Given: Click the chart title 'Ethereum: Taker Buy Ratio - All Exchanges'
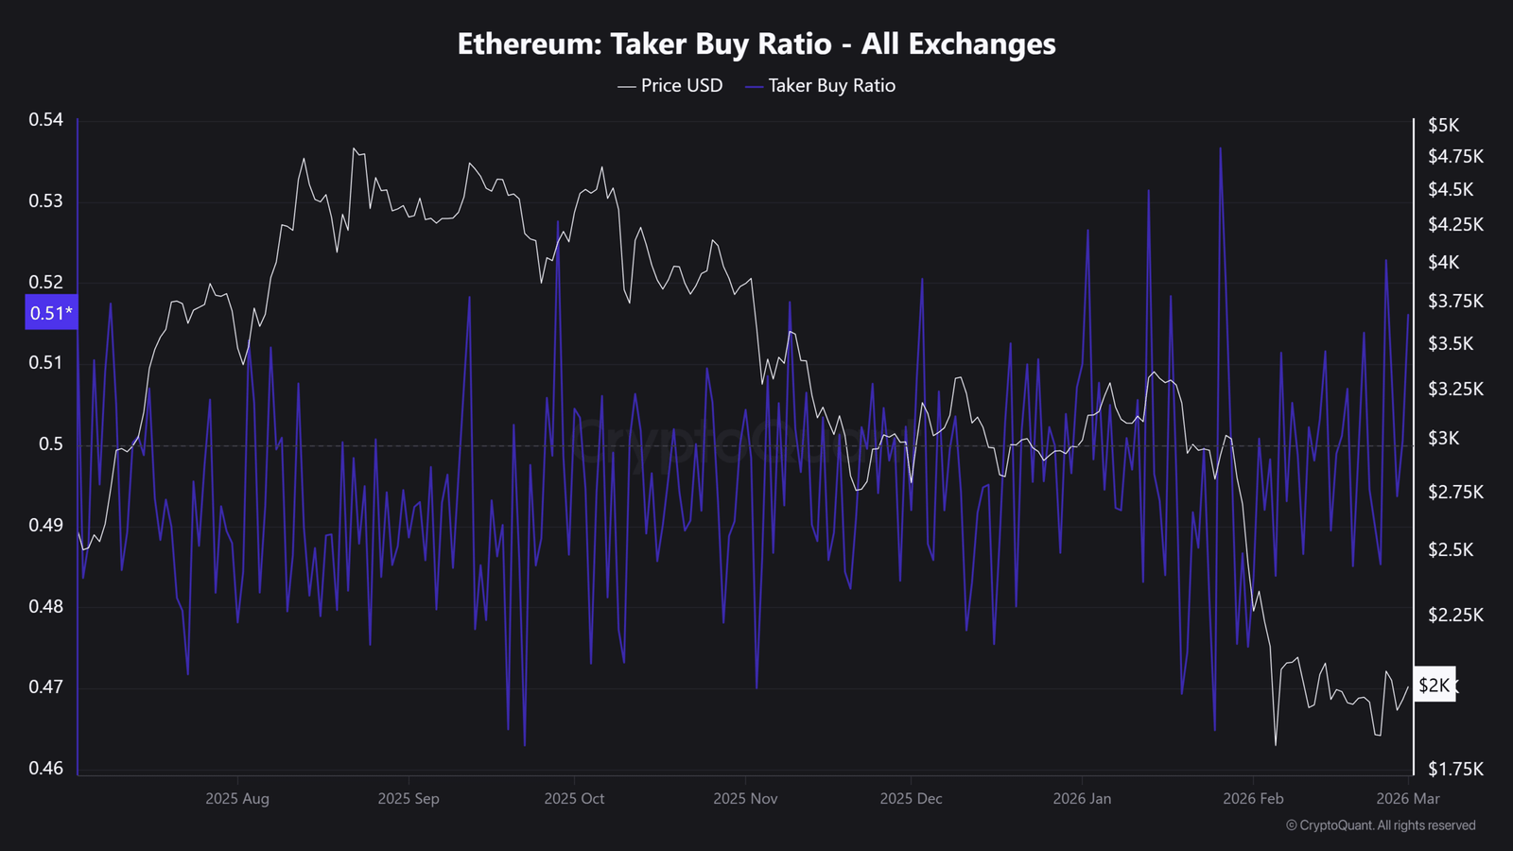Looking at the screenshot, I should click(756, 43).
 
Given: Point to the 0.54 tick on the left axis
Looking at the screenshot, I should click(45, 119).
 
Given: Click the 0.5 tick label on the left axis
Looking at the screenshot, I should click(51, 443).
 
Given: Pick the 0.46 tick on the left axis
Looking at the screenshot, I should click(45, 768).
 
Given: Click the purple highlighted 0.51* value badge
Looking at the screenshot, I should click(51, 313).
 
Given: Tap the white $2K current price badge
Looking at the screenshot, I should click(1434, 685).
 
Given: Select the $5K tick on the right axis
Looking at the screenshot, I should click(1444, 125).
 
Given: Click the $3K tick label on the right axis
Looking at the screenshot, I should click(1444, 438).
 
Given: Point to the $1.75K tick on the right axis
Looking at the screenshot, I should click(1455, 769).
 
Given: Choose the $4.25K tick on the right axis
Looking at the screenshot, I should click(1455, 224).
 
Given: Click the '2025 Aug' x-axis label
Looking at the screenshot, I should click(236, 798).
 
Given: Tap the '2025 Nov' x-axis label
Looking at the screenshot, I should click(745, 798).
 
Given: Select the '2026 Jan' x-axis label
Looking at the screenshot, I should click(1082, 798).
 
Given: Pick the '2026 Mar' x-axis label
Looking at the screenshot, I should click(1408, 798).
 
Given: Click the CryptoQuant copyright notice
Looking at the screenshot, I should click(1381, 825).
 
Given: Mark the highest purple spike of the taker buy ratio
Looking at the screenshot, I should click(1221, 148).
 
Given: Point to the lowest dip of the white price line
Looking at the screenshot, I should click(1276, 745).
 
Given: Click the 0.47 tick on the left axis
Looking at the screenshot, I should click(45, 686).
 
